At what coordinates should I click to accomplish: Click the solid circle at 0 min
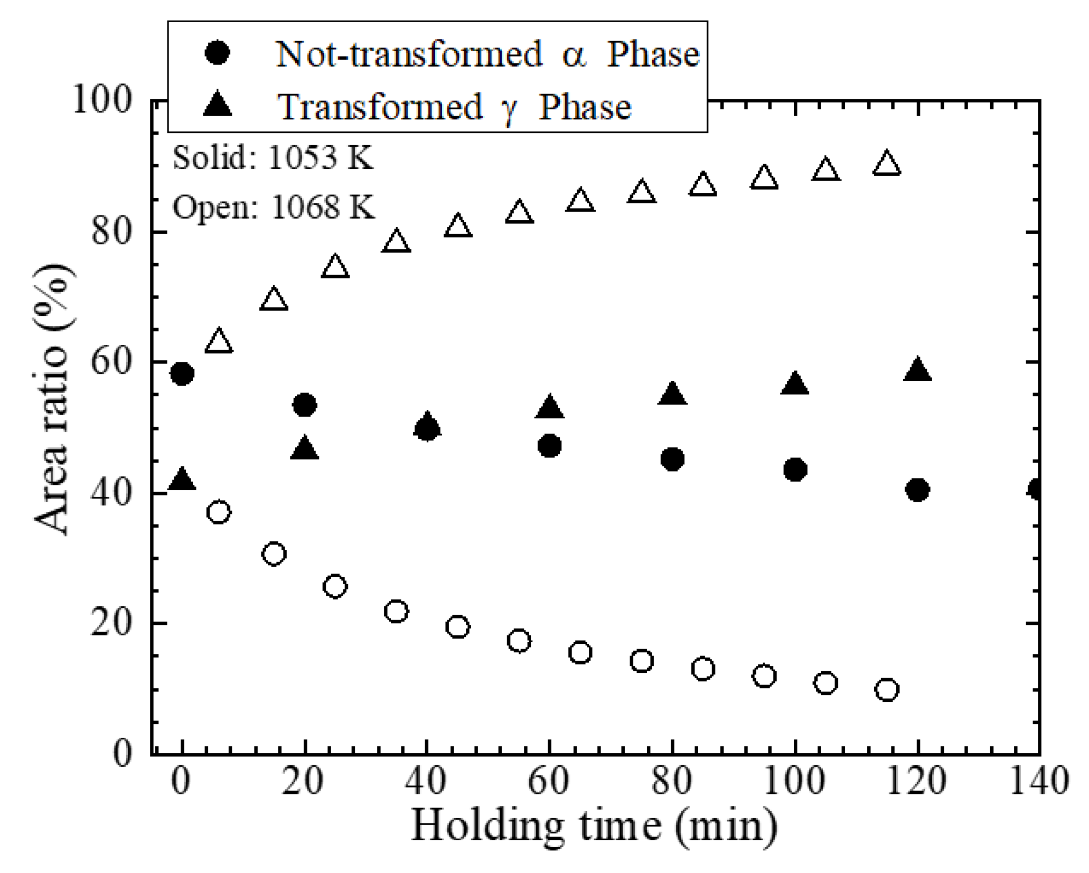click(x=182, y=374)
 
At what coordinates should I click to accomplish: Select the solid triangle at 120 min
click(x=917, y=370)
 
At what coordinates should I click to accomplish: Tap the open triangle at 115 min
click(x=887, y=164)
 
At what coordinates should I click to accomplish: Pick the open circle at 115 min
click(x=887, y=689)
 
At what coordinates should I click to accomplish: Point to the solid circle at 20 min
click(x=304, y=406)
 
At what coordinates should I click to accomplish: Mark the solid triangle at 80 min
click(x=672, y=394)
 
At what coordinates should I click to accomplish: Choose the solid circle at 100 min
click(x=795, y=470)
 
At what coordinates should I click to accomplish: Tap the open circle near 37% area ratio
click(x=219, y=512)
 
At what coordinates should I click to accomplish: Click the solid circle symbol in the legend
click(x=218, y=53)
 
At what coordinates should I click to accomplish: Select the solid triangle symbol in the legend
click(x=218, y=104)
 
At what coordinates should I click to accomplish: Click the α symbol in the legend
click(x=574, y=55)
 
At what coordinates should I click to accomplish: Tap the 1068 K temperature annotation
click(x=322, y=206)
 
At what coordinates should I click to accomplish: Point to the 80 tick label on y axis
click(x=110, y=231)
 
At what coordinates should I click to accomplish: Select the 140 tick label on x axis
click(x=1039, y=781)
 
